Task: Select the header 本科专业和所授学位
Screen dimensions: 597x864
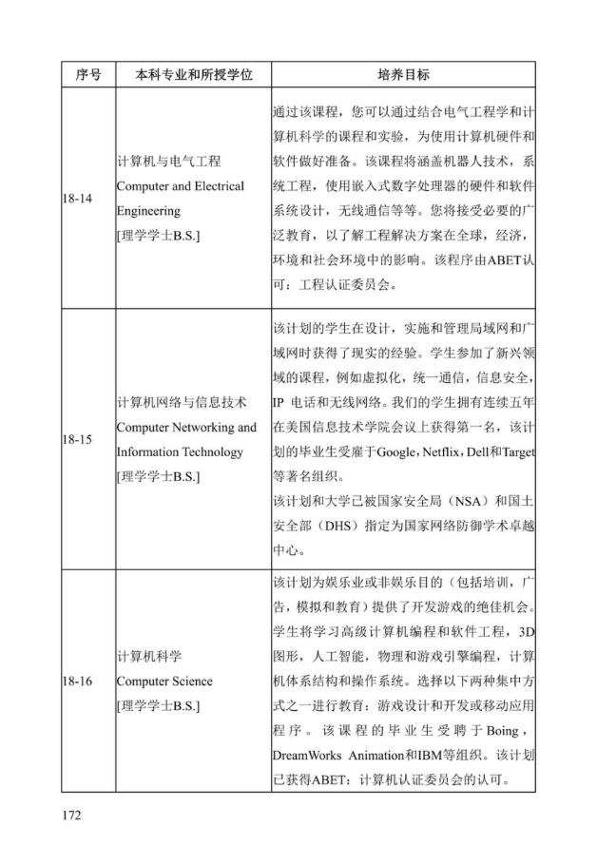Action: tap(193, 73)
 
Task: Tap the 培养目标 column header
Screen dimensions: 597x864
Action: tap(403, 73)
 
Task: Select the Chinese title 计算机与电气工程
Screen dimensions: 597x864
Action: tap(168, 162)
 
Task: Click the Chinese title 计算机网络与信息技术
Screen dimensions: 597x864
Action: tap(182, 402)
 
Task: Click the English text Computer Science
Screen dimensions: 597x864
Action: tap(164, 682)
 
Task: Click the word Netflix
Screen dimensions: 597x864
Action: tap(450, 451)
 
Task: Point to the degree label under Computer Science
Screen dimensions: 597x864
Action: tap(159, 706)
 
